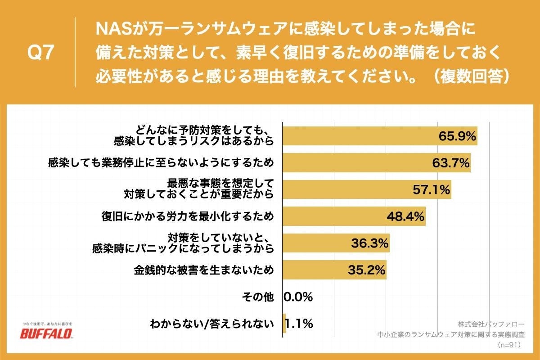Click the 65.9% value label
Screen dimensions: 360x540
(457, 136)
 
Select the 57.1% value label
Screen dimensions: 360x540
(432, 190)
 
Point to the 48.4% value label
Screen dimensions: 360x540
(405, 216)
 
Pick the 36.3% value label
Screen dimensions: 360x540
(369, 243)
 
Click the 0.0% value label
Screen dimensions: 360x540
(298, 297)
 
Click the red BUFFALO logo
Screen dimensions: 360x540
(47, 333)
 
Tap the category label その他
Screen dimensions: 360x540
(257, 297)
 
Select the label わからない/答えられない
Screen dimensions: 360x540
(211, 324)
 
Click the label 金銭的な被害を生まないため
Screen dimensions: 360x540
(203, 270)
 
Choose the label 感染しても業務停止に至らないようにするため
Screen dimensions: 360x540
(161, 163)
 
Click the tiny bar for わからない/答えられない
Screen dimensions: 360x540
(284, 324)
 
